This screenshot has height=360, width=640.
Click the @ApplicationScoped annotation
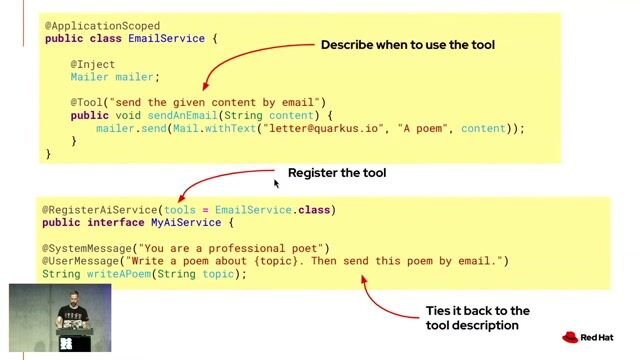[x=102, y=25]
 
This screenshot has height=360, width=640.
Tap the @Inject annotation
[x=93, y=64]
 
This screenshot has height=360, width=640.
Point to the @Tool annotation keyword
[x=87, y=102]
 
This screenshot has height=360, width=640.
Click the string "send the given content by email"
[x=217, y=102]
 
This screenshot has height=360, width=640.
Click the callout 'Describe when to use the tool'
[x=407, y=45]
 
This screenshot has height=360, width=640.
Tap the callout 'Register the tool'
[x=336, y=173]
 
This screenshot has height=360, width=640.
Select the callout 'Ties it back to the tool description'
[x=477, y=318]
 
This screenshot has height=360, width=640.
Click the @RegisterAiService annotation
[x=100, y=210]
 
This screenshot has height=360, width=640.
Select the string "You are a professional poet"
[x=230, y=248]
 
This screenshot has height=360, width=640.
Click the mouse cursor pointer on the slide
[x=276, y=182]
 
